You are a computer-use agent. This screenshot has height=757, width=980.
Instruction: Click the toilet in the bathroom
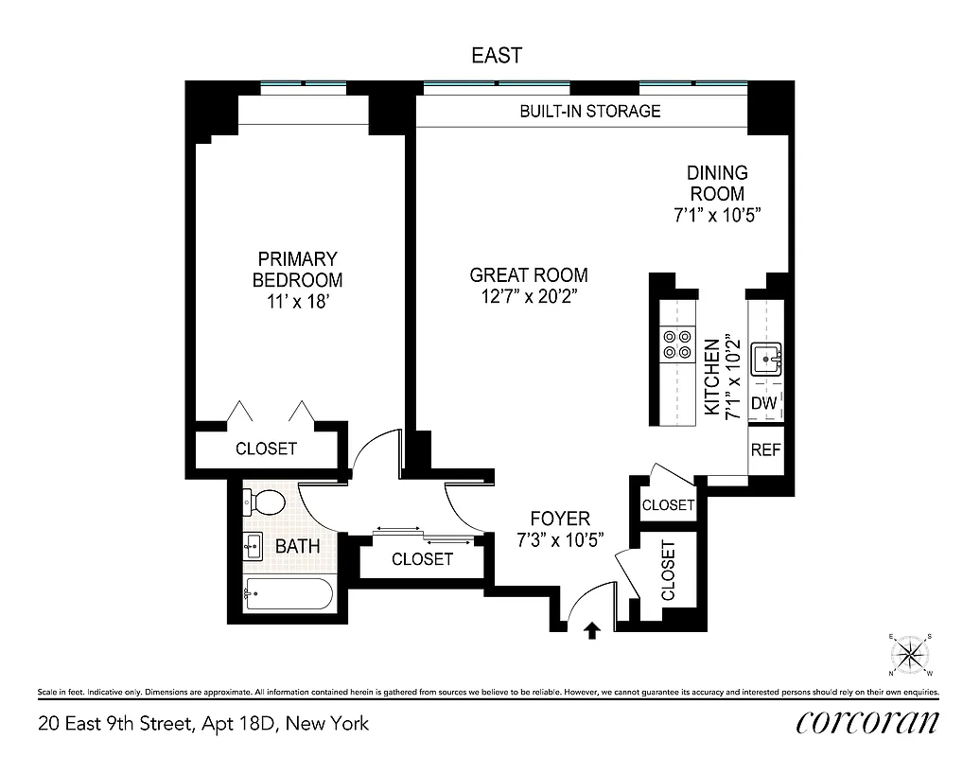click(268, 501)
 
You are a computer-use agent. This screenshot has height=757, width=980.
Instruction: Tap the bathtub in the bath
click(288, 594)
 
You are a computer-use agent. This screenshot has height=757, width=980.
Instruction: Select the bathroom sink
click(253, 545)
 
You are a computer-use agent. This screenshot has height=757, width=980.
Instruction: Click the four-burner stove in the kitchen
click(676, 344)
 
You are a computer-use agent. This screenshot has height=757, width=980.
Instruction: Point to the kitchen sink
click(765, 361)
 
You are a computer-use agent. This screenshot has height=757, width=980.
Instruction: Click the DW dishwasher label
click(763, 404)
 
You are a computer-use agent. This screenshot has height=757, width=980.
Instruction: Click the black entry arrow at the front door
click(592, 630)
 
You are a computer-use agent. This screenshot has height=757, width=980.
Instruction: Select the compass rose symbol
click(911, 654)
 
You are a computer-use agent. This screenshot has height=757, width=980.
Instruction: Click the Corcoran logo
click(867, 723)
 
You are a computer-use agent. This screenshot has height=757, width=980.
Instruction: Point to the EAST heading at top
click(497, 56)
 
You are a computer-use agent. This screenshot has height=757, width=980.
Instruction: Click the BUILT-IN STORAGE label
click(589, 111)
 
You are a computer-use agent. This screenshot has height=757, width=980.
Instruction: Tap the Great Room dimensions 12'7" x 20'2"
click(528, 296)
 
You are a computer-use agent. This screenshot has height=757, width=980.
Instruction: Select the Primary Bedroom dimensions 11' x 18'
click(297, 302)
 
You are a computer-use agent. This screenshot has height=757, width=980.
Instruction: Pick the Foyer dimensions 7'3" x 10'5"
click(560, 539)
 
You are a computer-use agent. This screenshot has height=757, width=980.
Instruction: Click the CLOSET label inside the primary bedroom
click(266, 449)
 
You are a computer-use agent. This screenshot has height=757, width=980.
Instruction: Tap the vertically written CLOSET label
click(669, 571)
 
